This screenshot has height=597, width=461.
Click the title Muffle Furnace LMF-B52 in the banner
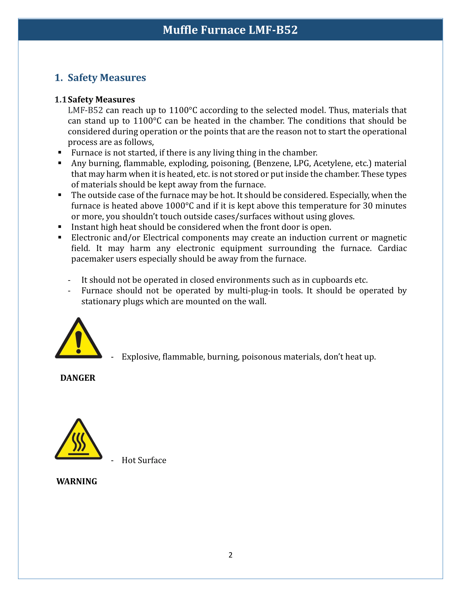coord(230,30)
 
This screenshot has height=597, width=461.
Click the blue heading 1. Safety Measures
coord(100,78)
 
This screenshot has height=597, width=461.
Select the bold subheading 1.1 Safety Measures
coord(95,100)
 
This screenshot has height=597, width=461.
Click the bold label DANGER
coord(78,378)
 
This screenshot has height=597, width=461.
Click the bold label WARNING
coord(77,481)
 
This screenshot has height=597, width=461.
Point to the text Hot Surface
coord(144,460)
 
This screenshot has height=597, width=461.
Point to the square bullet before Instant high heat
coord(60,227)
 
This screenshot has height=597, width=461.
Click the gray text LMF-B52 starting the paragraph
coord(85,110)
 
